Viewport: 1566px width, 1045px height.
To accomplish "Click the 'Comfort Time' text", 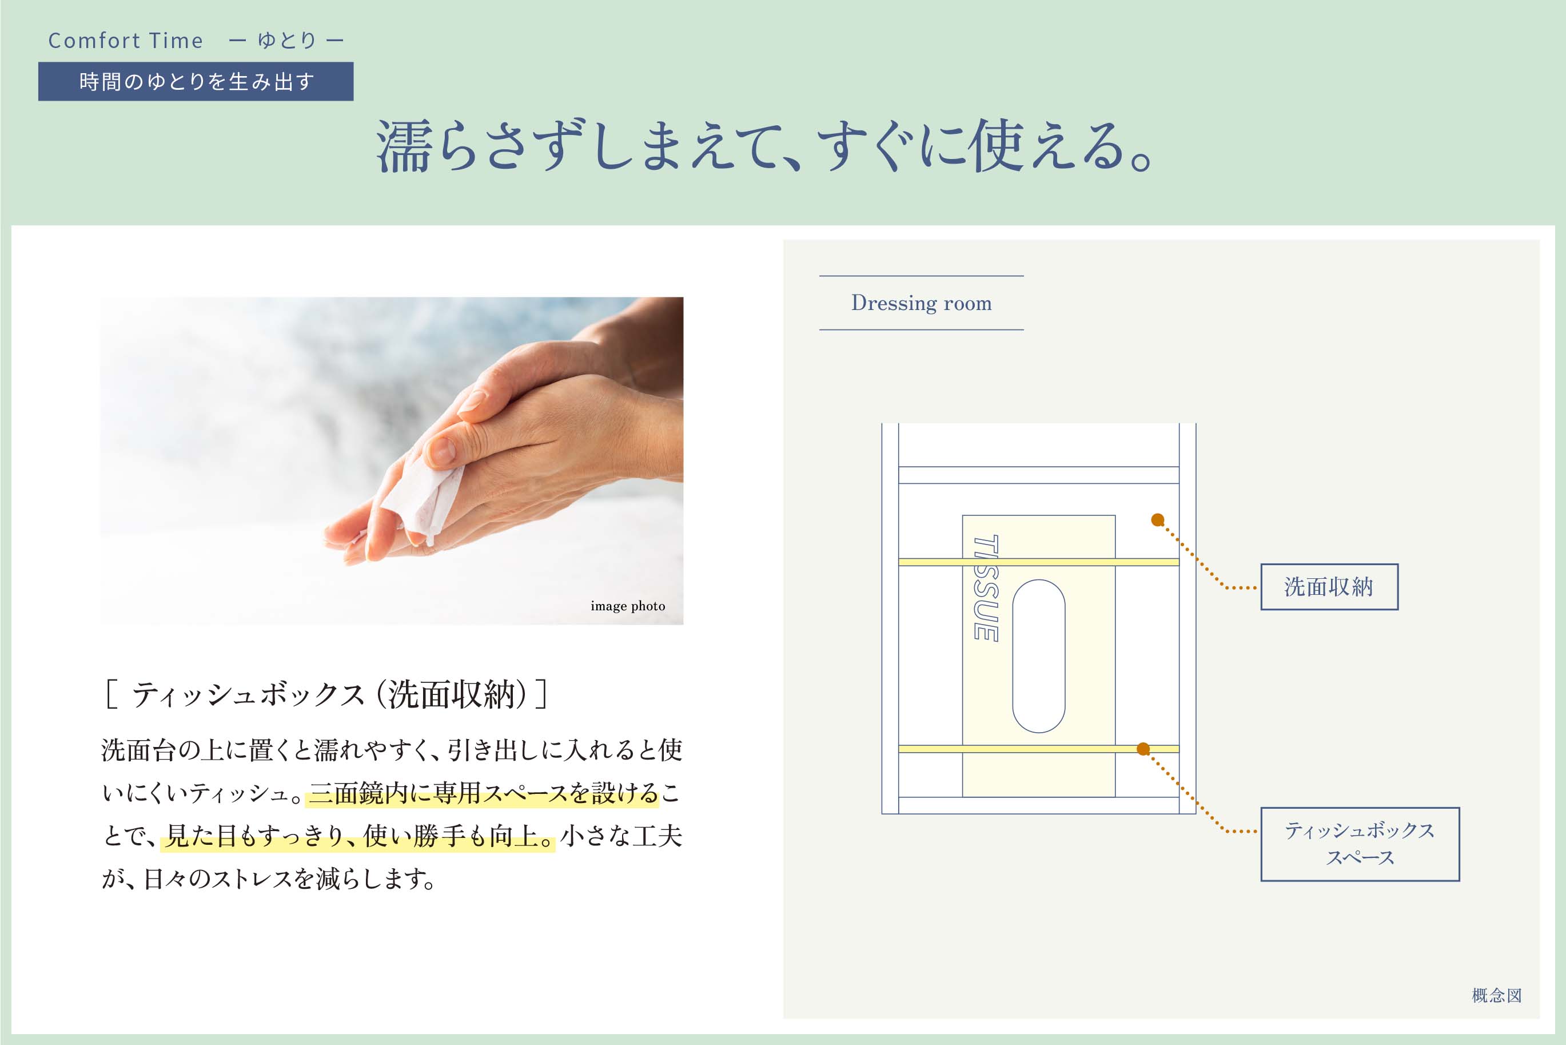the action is [126, 41].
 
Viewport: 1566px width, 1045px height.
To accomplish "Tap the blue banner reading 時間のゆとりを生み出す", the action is [196, 81].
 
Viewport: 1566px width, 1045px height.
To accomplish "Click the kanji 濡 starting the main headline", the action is [403, 146].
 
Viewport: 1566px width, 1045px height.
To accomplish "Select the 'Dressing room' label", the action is [921, 303].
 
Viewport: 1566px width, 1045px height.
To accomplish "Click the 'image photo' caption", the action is [627, 606].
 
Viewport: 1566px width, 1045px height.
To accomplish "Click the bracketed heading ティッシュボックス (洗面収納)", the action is [326, 694].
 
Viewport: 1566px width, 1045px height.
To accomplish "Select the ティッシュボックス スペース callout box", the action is [1360, 844].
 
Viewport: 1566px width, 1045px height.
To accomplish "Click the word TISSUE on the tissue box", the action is [986, 589].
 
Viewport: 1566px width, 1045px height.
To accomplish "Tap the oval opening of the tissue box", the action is [1038, 657].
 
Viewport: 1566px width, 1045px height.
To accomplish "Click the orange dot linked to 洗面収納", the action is [1158, 520].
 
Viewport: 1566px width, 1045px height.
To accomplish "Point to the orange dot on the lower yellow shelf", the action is [1143, 749].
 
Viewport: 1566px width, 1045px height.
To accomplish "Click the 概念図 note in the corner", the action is [1497, 996].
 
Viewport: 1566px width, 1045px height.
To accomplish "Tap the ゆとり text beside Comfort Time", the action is [287, 41].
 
